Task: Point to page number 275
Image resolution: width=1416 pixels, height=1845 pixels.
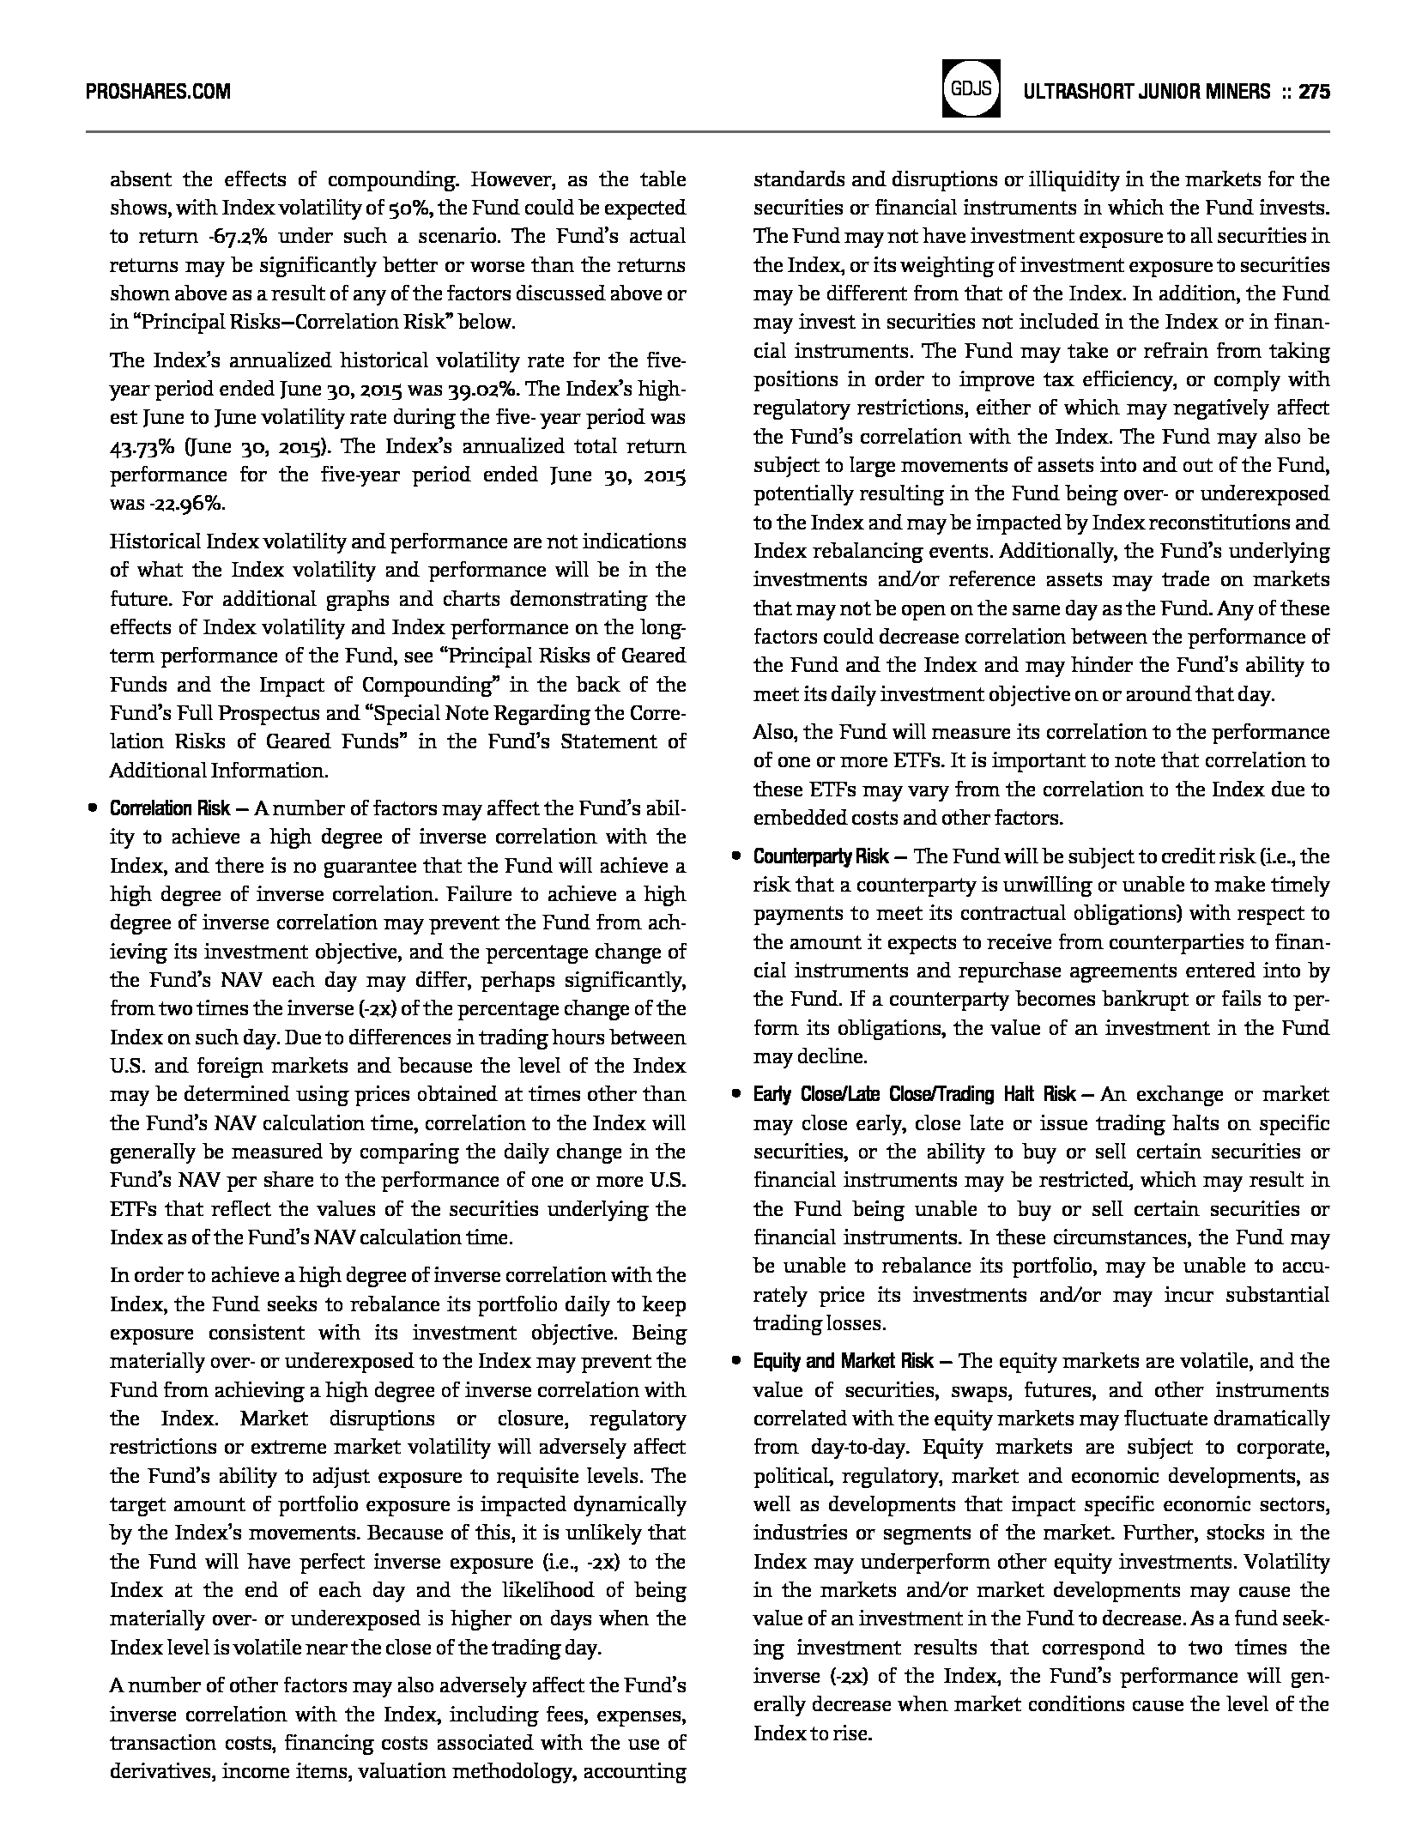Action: tap(1314, 92)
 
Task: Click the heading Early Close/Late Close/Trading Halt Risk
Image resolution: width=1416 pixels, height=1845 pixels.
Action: tap(914, 1094)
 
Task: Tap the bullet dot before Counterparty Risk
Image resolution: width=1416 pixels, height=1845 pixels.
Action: tap(735, 856)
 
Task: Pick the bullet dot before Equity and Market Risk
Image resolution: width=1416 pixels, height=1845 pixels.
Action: tap(735, 1361)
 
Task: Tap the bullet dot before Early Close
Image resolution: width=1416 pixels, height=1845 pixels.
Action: tap(735, 1094)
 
